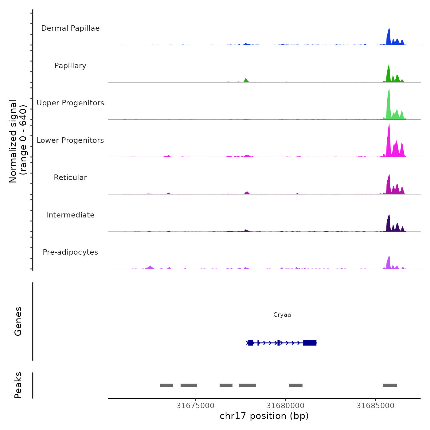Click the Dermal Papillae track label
coord(70,28)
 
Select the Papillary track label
coord(70,66)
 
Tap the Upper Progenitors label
coord(70,103)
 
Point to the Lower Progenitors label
coord(70,140)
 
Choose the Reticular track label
coord(70,178)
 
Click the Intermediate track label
coord(70,215)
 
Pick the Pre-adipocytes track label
coord(70,252)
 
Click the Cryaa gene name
coord(282,315)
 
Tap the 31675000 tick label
coord(195,406)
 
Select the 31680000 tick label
coord(285,406)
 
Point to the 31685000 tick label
coord(375,406)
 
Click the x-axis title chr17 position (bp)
coord(264,416)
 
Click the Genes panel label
coord(18,321)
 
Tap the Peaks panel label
coord(18,385)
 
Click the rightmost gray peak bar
coord(390,385)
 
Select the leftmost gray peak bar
coord(166,385)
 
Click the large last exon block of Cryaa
coord(310,343)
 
